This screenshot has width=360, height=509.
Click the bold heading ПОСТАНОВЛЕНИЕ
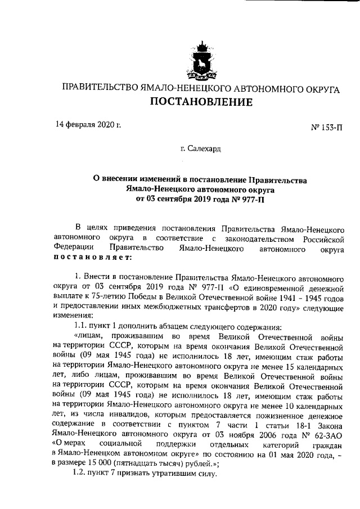(x=201, y=102)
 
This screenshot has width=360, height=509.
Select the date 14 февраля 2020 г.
(x=88, y=124)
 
